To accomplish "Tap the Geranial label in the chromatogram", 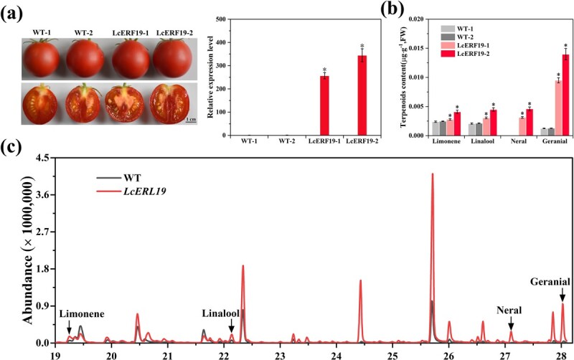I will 550,281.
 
